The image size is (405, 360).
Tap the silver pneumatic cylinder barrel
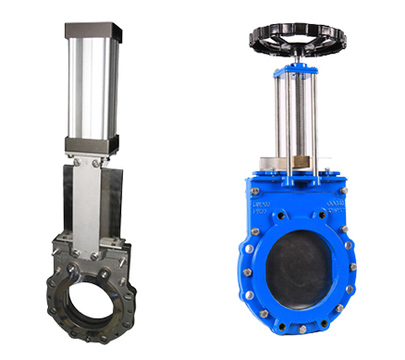[x=91, y=88]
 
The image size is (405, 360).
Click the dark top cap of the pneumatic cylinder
[x=91, y=31]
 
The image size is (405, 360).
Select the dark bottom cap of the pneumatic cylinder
[x=91, y=144]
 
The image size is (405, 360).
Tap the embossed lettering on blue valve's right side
[x=338, y=208]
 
